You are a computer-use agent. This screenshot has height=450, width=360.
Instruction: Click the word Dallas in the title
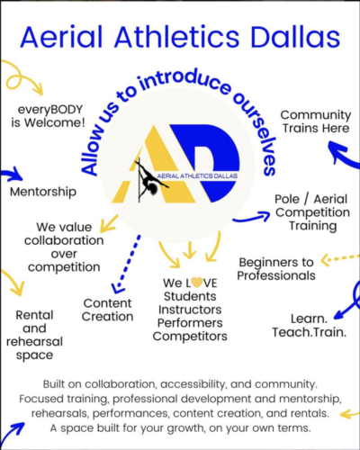click(295, 37)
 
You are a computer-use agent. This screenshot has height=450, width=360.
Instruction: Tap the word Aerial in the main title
click(61, 37)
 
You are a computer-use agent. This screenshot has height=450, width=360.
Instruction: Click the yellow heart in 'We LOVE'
click(197, 283)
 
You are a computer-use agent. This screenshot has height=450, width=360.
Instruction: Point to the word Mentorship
click(43, 192)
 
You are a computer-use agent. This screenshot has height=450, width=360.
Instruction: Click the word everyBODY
click(50, 110)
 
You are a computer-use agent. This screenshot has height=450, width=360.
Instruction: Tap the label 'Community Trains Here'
click(316, 121)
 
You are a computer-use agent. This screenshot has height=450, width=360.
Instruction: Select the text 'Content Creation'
click(107, 310)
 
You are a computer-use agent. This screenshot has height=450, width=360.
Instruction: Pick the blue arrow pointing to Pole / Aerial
click(252, 218)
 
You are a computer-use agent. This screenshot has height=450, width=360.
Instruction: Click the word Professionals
click(276, 275)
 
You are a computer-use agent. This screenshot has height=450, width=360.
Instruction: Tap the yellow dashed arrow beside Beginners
click(339, 258)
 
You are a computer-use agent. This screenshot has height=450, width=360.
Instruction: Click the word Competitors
click(190, 337)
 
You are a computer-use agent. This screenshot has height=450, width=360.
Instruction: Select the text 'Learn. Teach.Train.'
click(310, 326)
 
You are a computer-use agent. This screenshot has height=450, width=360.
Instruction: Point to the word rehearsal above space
click(34, 342)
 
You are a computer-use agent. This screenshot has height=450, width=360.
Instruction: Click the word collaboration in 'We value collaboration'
click(64, 240)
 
